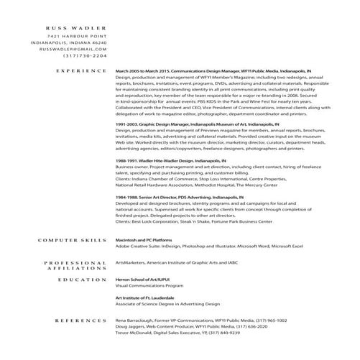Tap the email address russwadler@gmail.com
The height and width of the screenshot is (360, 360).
(68, 49)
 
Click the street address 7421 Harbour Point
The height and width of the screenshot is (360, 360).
(77, 35)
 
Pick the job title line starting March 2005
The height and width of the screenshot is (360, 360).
(213, 72)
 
